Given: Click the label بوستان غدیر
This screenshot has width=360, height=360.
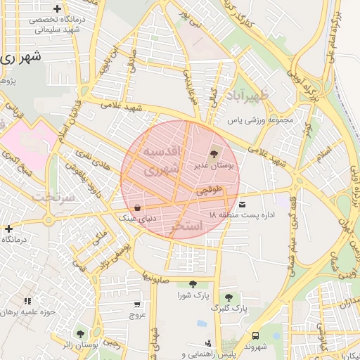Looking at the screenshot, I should coord(215,166).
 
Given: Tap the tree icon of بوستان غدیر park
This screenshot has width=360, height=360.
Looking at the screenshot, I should coord(214,154).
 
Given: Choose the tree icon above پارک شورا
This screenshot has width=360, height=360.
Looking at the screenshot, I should coord(193,284).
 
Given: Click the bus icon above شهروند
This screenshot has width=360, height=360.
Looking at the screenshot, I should coord(255,336).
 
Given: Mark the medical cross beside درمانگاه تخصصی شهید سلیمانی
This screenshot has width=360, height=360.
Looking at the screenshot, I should coord(57,8).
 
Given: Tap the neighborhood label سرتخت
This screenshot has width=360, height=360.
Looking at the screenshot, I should coord(58,196).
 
